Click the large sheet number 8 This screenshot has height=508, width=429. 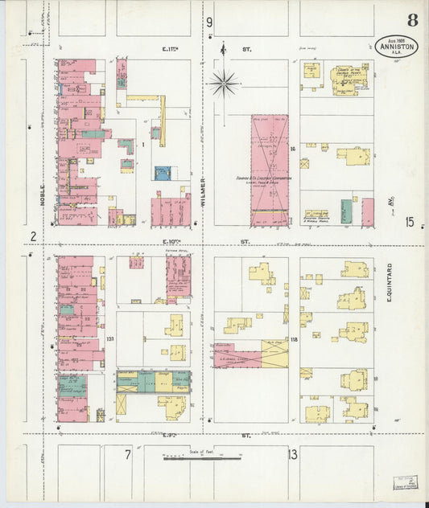pyautogui.click(x=412, y=20)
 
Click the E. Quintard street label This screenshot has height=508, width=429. pyautogui.click(x=388, y=282)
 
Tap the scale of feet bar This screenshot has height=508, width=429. pyautogui.click(x=204, y=459)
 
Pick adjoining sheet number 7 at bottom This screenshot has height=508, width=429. pyautogui.click(x=127, y=455)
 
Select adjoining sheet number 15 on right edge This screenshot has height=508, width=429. pyautogui.click(x=410, y=223)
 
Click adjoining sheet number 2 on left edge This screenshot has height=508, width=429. pyautogui.click(x=33, y=236)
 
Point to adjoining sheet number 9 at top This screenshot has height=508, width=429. pyautogui.click(x=209, y=22)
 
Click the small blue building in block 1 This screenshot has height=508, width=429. pyautogui.click(x=163, y=173)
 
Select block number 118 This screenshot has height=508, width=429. pyautogui.click(x=294, y=340)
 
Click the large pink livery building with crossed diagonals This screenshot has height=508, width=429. pyautogui.click(x=269, y=169)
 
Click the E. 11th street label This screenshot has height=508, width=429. pyautogui.click(x=171, y=49)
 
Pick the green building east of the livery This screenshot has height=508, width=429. pyautogui.click(x=345, y=211)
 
